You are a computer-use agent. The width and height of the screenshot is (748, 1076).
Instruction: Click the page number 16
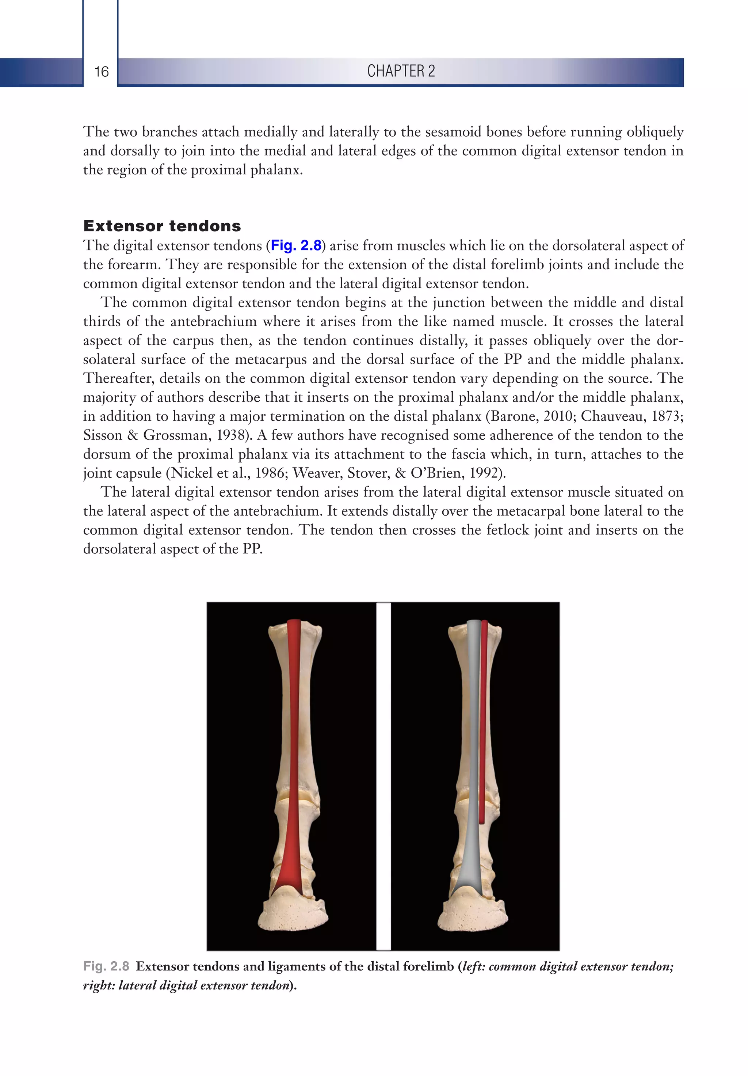point(101,72)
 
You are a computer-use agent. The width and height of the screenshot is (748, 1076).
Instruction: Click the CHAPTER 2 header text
point(401,71)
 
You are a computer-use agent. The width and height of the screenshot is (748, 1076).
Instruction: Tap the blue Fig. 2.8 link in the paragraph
point(296,245)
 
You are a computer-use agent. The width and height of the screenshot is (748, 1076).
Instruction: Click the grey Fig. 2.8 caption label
point(106,966)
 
